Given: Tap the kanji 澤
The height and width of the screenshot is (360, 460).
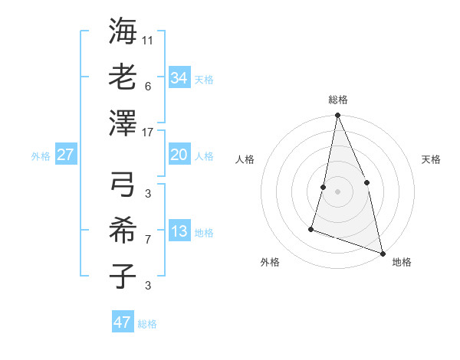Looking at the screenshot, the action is [x=123, y=123].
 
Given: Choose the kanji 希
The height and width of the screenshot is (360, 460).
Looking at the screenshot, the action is [x=123, y=229].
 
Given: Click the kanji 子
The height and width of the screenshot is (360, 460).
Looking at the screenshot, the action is [x=123, y=276].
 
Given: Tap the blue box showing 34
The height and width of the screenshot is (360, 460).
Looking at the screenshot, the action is [x=179, y=77].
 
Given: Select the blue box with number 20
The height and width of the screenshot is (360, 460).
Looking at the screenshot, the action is [x=179, y=155].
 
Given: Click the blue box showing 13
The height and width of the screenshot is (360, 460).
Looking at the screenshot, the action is [x=179, y=232].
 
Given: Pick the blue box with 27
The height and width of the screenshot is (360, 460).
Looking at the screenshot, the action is [x=65, y=155].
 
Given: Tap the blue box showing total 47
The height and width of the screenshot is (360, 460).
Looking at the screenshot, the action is [x=123, y=322].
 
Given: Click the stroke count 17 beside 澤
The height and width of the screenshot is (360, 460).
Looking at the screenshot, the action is [x=148, y=133].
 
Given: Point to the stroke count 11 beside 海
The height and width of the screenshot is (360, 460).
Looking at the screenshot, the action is [x=148, y=40].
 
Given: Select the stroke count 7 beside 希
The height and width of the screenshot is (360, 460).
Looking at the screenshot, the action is [x=148, y=240].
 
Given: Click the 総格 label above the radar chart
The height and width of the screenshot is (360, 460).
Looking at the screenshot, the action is [x=337, y=100].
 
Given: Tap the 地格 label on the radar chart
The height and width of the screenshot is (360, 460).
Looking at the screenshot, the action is [x=402, y=263].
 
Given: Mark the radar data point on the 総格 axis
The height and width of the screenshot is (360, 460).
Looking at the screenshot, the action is [x=337, y=116].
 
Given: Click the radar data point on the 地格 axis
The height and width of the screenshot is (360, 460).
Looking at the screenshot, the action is [x=382, y=252].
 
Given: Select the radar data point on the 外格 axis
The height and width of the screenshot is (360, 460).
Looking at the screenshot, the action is [x=311, y=228].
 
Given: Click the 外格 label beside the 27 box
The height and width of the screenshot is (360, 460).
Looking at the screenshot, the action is [x=41, y=156].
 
